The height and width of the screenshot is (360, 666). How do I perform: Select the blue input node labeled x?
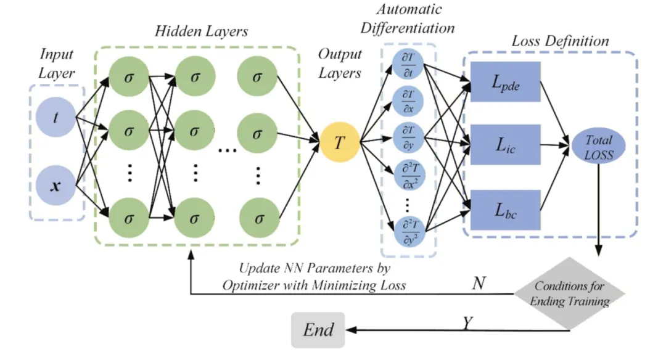[x=55, y=184]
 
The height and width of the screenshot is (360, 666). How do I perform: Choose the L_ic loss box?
[x=506, y=145]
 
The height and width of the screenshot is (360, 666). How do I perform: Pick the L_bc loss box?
[x=506, y=210]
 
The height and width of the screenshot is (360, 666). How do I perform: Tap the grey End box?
[x=318, y=330]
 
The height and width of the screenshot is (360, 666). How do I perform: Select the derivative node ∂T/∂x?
[x=408, y=101]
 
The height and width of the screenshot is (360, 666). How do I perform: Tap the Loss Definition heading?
[x=561, y=41]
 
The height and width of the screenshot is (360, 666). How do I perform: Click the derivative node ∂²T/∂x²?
[x=408, y=175]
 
